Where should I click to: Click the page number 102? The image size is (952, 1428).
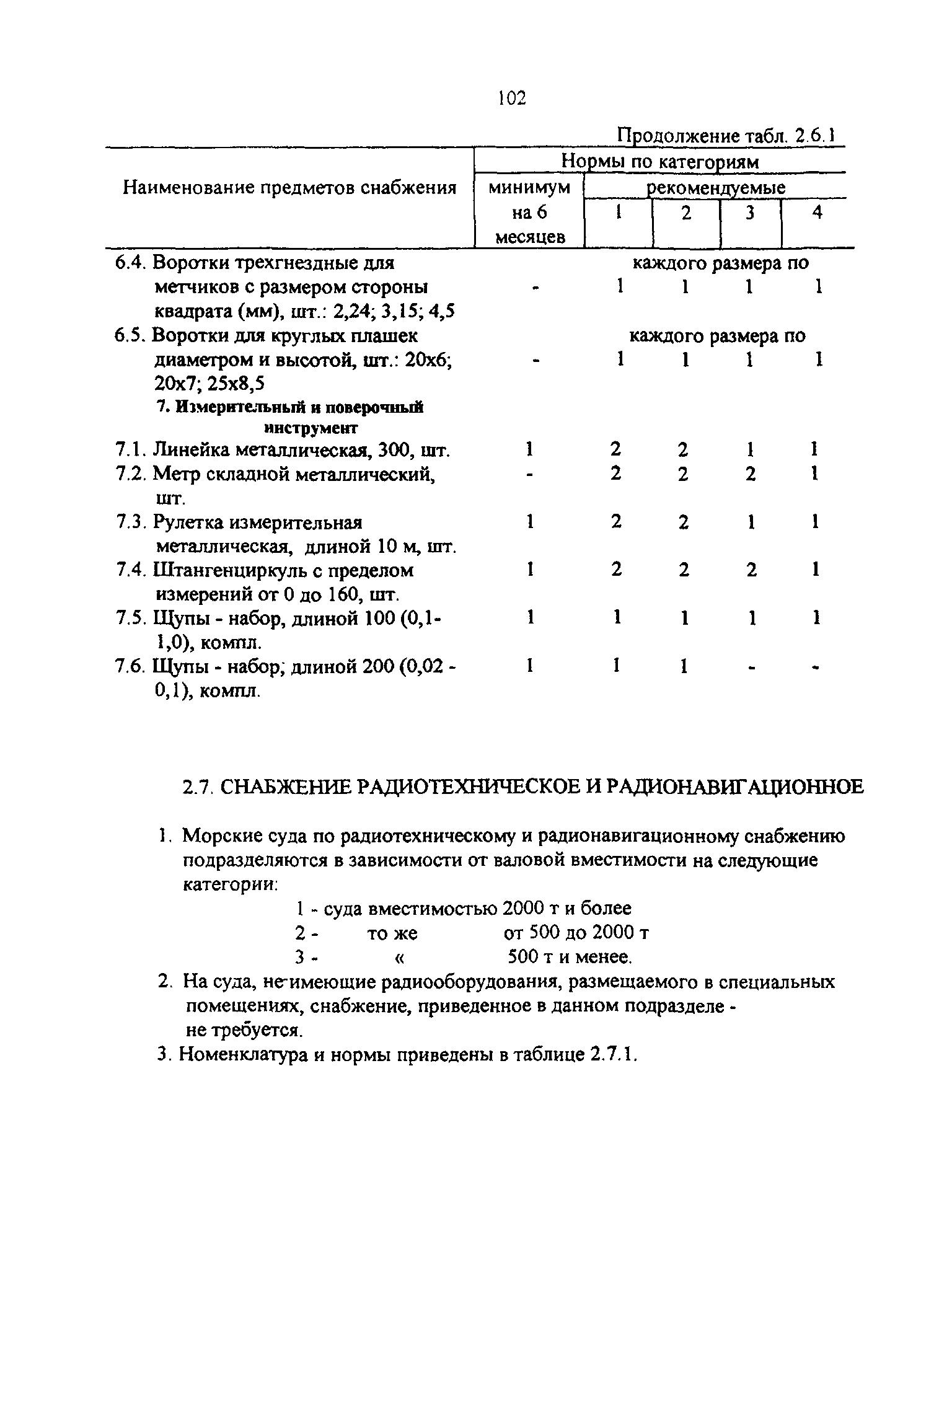tap(511, 98)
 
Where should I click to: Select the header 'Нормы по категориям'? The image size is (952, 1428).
tap(659, 162)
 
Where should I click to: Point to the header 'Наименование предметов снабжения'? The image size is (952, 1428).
tap(289, 188)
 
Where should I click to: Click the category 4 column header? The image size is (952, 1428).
tap(818, 213)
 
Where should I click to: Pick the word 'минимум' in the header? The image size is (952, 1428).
tap(529, 188)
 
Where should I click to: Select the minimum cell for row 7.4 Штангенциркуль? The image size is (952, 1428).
tap(529, 569)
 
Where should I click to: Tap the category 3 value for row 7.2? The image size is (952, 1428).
tap(751, 474)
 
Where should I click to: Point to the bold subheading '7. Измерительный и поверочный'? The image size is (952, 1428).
tap(289, 408)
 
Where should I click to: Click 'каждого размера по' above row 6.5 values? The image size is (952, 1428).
tap(717, 337)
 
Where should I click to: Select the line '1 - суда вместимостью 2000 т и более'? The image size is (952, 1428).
tap(463, 909)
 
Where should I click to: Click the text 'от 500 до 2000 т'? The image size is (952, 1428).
tap(576, 933)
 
